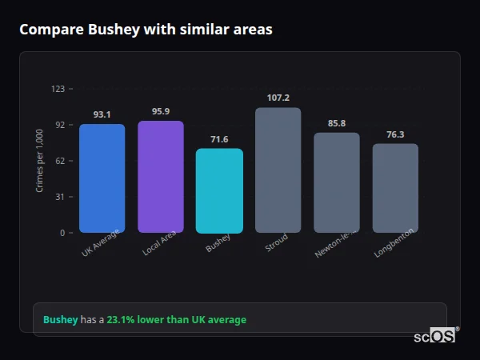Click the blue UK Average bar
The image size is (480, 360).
[102, 178]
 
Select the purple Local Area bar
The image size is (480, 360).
[160, 177]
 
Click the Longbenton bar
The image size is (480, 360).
[395, 188]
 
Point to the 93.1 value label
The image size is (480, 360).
[102, 114]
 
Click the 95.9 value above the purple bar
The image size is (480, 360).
[160, 111]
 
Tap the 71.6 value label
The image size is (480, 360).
[219, 139]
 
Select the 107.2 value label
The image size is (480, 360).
[278, 98]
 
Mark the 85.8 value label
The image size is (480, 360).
[337, 123]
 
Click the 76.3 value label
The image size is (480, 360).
[395, 134]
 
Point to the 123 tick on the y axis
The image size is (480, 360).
[58, 89]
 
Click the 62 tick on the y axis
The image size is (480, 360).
[60, 161]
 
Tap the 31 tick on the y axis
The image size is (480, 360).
[60, 197]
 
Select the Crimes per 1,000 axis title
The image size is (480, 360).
[40, 161]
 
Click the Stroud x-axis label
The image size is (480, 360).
[276, 243]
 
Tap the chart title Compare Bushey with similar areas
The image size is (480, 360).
[146, 30]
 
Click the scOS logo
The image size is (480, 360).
[434, 337]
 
